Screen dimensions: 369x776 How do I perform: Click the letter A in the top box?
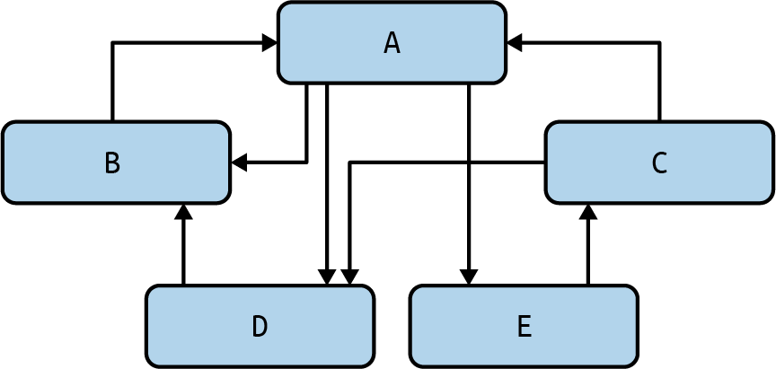(392, 43)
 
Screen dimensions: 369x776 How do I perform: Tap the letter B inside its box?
(112, 163)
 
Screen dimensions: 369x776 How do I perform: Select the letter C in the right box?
(659, 163)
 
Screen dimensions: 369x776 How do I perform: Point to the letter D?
(260, 327)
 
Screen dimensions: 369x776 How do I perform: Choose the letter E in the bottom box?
(525, 327)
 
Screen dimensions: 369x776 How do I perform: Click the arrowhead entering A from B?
(269, 42)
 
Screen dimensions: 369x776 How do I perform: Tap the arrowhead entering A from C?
(515, 42)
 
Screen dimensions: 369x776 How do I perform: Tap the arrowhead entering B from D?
(183, 213)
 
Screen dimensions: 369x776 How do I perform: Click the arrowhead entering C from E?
(588, 213)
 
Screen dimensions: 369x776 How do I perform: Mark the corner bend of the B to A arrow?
(112, 42)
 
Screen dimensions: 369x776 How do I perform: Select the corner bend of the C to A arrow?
(659, 42)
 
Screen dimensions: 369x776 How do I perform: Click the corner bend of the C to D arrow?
(349, 163)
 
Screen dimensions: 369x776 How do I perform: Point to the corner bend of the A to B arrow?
(307, 163)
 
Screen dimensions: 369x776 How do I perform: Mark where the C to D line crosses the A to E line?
(469, 163)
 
